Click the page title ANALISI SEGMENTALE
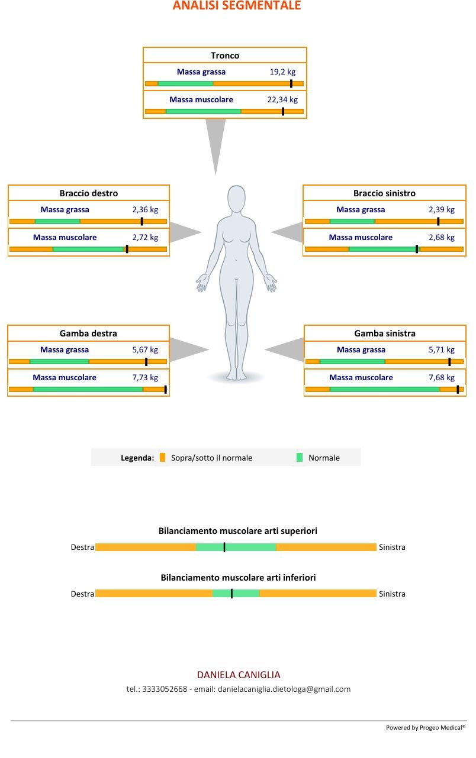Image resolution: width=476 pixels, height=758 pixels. point(237,6)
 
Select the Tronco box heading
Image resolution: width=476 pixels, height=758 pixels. point(225,56)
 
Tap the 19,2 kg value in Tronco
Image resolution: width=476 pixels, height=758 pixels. point(282,72)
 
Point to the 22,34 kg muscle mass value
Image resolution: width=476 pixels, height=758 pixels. point(282,100)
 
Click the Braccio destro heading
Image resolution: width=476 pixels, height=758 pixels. point(89,193)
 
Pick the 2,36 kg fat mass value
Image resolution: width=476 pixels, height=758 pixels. point(145,210)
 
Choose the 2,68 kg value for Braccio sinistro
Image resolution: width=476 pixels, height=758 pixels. point(442,238)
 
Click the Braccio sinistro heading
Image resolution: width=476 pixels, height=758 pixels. point(384,193)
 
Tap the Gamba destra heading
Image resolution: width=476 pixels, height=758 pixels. point(88,333)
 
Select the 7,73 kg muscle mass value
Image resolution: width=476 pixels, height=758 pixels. point(145,378)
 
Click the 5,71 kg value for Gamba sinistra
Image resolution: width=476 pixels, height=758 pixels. point(442,350)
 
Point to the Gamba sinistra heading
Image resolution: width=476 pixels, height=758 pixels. point(385,333)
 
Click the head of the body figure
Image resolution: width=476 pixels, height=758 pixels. point(237,199)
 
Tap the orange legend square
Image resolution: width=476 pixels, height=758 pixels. point(163,458)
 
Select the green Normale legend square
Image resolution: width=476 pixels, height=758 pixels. point(300,458)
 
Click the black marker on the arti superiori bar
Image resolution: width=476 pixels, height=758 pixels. point(224,548)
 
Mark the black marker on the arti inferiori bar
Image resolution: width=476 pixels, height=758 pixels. point(231,594)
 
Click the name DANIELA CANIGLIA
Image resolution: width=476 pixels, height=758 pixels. point(239,675)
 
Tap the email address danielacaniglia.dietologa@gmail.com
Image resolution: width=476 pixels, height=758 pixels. point(284,689)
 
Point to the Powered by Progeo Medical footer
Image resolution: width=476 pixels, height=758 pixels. point(425,728)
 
